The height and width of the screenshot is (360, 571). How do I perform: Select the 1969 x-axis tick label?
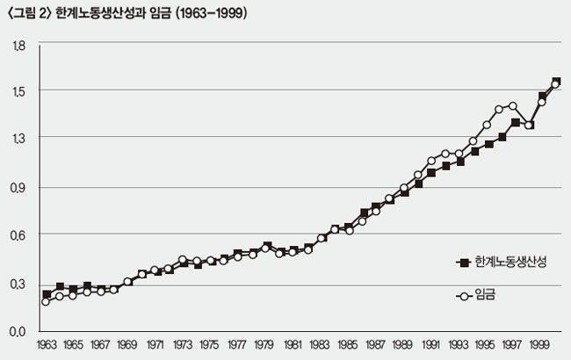click(128, 346)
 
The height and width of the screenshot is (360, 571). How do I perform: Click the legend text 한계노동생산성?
click(510, 263)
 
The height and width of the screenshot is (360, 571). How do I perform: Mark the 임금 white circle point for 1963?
click(46, 301)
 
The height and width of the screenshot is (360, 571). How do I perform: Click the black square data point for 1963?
click(46, 294)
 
